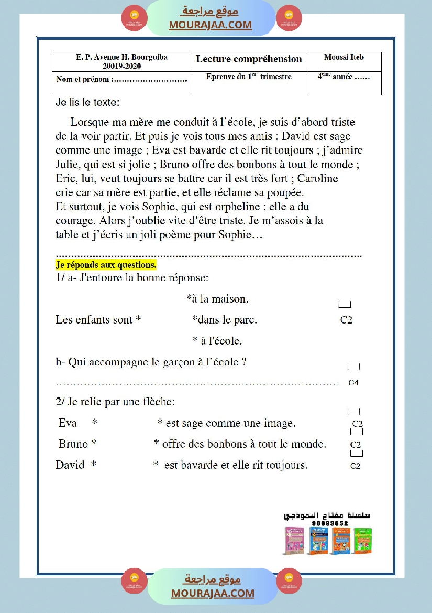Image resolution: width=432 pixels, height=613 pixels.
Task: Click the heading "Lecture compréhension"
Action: tap(249, 59)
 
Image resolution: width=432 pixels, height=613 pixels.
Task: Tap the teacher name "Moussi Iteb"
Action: tap(344, 57)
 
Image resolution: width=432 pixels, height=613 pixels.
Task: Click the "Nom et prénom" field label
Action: tap(83, 80)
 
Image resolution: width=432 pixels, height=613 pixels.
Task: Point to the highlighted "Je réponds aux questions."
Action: tap(106, 265)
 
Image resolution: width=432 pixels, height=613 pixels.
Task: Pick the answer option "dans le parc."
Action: tap(225, 319)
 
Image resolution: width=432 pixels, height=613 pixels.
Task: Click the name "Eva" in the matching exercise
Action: tap(68, 423)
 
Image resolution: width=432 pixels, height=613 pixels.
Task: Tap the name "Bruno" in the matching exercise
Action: tap(73, 444)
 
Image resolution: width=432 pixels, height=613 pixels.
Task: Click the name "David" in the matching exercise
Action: tap(70, 465)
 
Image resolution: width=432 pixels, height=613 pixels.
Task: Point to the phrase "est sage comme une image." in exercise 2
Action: tap(230, 423)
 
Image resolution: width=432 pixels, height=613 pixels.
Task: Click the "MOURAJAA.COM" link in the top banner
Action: tap(210, 25)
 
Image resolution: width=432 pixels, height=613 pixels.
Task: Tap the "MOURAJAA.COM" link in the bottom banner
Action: tap(213, 593)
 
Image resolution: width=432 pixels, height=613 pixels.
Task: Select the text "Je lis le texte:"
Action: tap(87, 103)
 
